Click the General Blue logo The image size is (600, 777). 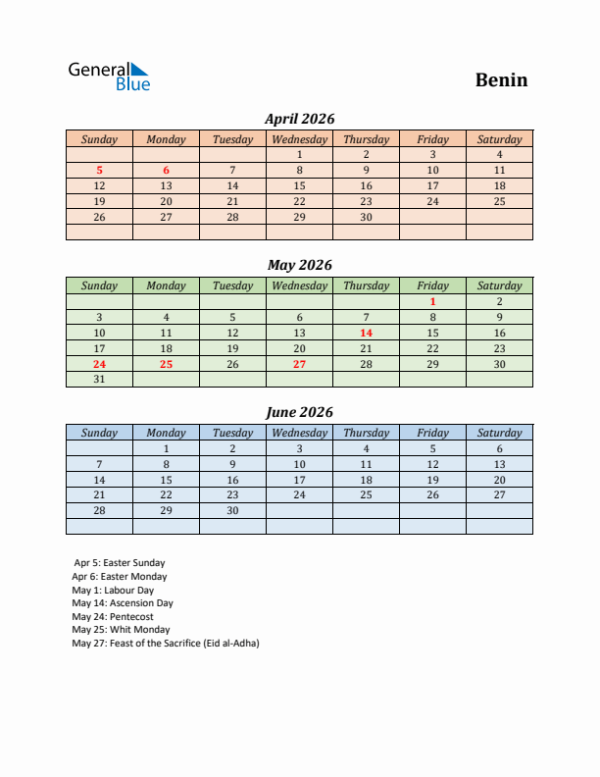[x=109, y=77]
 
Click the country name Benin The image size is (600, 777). [x=501, y=79]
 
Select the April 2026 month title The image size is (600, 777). [x=299, y=119]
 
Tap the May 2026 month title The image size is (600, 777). [x=299, y=265]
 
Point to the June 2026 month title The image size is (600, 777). [x=299, y=412]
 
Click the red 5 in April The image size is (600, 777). [x=99, y=170]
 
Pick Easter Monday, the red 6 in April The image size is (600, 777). [x=166, y=170]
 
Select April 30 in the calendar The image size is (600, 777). [x=366, y=217]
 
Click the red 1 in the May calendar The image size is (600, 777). [x=432, y=301]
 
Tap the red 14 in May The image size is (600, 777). [x=366, y=333]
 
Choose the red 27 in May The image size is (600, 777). [x=299, y=364]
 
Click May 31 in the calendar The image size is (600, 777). [x=99, y=380]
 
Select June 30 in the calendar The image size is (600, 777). [x=232, y=511]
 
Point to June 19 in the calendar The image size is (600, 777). [x=432, y=480]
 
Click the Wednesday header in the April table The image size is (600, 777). [x=299, y=139]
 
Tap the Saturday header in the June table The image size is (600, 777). [x=499, y=433]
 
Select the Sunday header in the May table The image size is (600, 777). [x=99, y=285]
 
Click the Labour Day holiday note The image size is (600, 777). [x=113, y=591]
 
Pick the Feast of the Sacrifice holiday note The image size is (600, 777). [x=166, y=644]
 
